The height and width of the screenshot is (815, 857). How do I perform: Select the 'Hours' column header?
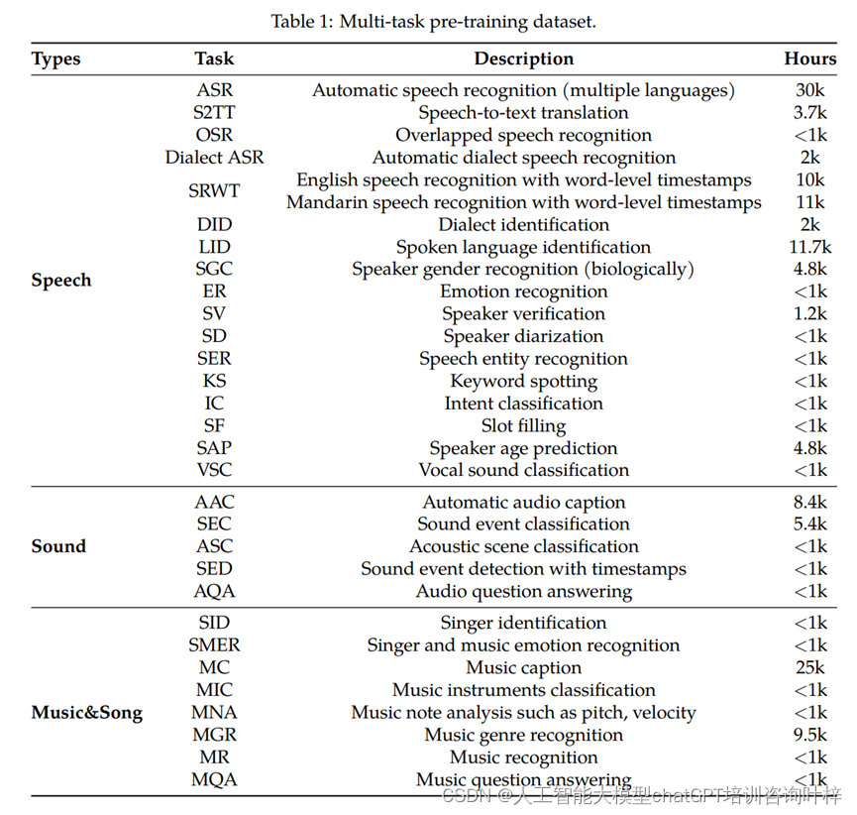(x=809, y=58)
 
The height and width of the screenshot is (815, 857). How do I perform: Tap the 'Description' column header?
(x=523, y=58)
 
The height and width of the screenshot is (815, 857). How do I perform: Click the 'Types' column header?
(x=56, y=59)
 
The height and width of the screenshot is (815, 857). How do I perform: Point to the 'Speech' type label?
(x=61, y=281)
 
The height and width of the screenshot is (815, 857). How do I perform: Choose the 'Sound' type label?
(x=58, y=546)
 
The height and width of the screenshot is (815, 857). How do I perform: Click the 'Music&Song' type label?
(x=86, y=713)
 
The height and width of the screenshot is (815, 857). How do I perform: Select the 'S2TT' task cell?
(x=215, y=113)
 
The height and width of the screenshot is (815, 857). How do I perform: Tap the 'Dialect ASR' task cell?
(x=215, y=158)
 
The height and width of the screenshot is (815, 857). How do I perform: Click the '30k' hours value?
(x=809, y=90)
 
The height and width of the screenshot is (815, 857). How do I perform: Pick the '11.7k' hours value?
(x=809, y=247)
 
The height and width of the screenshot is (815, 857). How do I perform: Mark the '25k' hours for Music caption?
(x=809, y=668)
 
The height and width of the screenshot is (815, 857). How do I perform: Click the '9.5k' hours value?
(x=809, y=735)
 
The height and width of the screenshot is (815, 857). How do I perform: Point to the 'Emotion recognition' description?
(x=523, y=291)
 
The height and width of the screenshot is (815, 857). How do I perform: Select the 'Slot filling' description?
(x=523, y=425)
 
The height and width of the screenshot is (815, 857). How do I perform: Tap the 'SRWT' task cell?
(x=215, y=191)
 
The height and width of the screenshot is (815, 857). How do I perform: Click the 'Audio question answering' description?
(x=523, y=591)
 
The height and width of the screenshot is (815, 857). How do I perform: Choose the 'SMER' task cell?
(x=215, y=645)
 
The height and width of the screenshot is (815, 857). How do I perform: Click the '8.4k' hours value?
(x=809, y=503)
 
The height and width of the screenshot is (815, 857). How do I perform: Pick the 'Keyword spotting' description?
(x=523, y=381)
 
